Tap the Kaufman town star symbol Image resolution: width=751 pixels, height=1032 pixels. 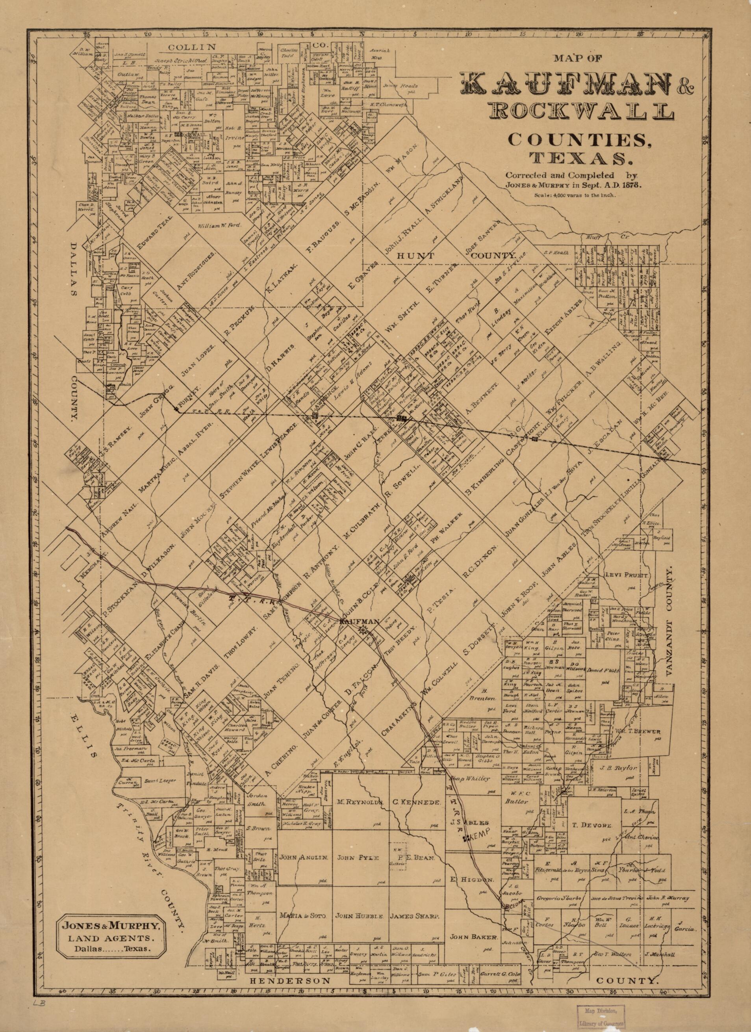pyautogui.click(x=363, y=630)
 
